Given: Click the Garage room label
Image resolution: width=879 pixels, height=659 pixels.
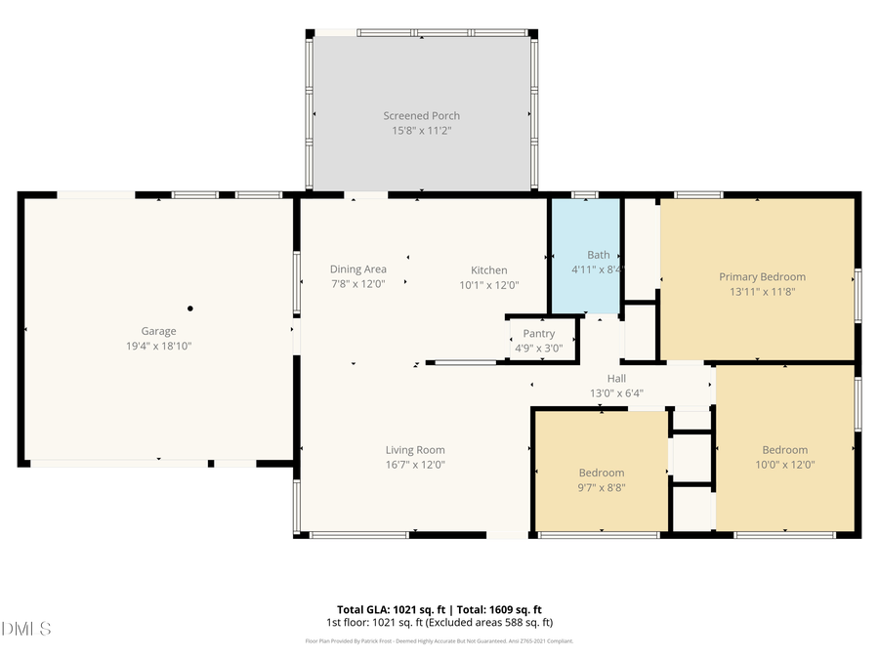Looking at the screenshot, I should tap(159, 332).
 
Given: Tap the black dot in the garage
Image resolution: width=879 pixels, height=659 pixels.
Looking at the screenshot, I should tap(190, 309).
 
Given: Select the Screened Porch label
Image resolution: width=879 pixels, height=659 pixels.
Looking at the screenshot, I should tap(421, 116).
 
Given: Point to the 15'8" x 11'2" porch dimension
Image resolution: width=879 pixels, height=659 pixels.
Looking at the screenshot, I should tap(421, 130).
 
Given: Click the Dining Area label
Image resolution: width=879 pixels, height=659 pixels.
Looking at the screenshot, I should tap(357, 269).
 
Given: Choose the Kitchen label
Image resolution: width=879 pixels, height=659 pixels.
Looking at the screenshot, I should tap(488, 270).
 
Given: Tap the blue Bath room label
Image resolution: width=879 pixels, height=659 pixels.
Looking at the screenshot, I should tap(598, 255).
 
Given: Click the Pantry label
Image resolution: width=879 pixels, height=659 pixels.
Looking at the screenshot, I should tap(538, 334).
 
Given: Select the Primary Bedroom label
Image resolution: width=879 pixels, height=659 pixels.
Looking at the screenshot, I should tap(762, 277).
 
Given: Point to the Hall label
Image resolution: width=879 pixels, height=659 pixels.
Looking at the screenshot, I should tap(616, 379).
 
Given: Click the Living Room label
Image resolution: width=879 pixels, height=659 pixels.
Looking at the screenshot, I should tap(415, 450).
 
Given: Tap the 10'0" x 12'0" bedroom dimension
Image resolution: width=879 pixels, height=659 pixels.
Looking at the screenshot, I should tap(785, 465).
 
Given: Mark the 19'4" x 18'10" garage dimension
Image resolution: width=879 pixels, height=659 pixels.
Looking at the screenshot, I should tap(159, 346).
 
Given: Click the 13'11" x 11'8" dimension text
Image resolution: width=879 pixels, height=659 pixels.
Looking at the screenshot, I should tap(762, 291).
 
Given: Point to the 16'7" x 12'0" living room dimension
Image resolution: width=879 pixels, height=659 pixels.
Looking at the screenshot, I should tap(415, 465).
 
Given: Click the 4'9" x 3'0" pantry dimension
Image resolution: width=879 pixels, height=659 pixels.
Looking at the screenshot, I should tap(538, 348).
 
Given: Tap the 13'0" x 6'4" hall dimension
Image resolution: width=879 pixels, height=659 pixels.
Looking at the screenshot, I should tap(616, 393).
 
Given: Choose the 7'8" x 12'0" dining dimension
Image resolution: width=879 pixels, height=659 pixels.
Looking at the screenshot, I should tap(357, 285).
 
